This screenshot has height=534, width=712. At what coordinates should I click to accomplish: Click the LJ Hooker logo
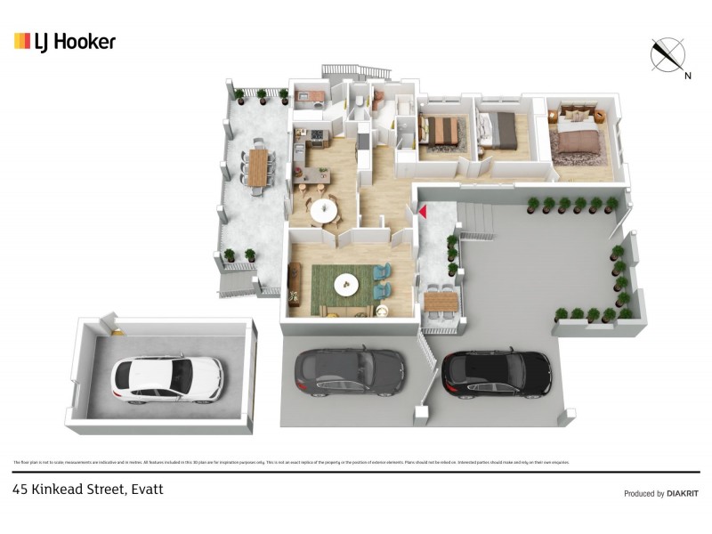click(x=64, y=42)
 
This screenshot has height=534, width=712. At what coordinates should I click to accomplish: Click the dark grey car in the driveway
click(x=349, y=371)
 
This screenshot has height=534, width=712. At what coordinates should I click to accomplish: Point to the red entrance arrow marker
click(x=424, y=212)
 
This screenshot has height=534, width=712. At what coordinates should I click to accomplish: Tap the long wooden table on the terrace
click(x=258, y=166)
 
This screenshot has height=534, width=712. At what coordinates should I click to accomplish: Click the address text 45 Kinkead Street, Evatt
click(x=87, y=489)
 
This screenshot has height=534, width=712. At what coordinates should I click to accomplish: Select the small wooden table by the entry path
click(x=441, y=303)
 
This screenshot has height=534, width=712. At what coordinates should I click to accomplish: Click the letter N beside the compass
click(x=687, y=76)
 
